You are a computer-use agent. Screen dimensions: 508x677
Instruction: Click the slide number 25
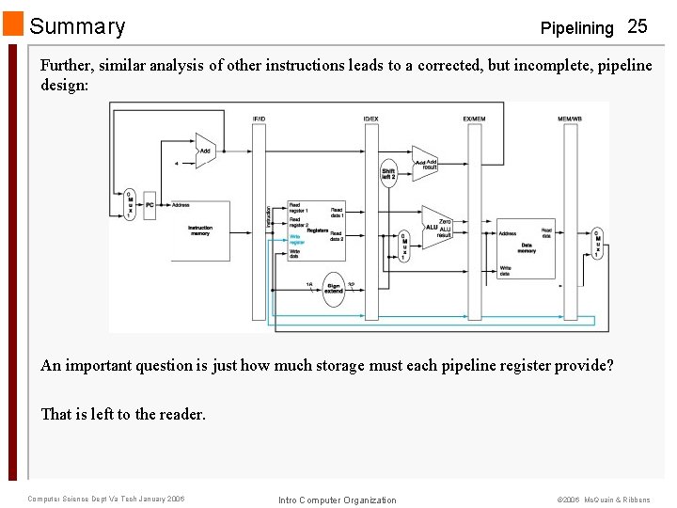pyautogui.click(x=637, y=26)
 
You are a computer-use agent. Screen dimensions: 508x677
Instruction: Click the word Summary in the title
pyautogui.click(x=77, y=26)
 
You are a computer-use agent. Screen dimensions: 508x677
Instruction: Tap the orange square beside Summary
pyautogui.click(x=13, y=24)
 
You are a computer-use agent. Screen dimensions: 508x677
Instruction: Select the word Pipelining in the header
pyautogui.click(x=576, y=28)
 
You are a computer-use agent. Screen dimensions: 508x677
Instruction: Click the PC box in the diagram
pyautogui.click(x=150, y=204)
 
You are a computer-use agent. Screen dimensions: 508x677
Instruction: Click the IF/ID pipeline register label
pyautogui.click(x=259, y=119)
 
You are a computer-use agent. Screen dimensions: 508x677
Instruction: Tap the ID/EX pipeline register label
pyautogui.click(x=370, y=119)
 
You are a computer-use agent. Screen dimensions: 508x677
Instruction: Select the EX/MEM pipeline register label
pyautogui.click(x=474, y=119)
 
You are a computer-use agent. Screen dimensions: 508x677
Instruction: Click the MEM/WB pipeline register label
pyautogui.click(x=570, y=119)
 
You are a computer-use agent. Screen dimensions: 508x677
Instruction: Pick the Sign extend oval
pyautogui.click(x=334, y=289)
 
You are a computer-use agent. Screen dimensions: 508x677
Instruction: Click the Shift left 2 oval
pyautogui.click(x=388, y=171)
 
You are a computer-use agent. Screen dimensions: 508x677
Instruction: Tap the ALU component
pyautogui.click(x=434, y=227)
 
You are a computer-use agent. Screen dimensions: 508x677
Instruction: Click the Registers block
pyautogui.click(x=316, y=231)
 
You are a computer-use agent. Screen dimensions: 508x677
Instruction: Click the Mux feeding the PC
pyautogui.click(x=129, y=204)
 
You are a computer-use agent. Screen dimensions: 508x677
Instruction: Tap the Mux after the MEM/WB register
pyautogui.click(x=597, y=244)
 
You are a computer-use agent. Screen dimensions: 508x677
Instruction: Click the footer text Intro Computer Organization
pyautogui.click(x=338, y=500)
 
